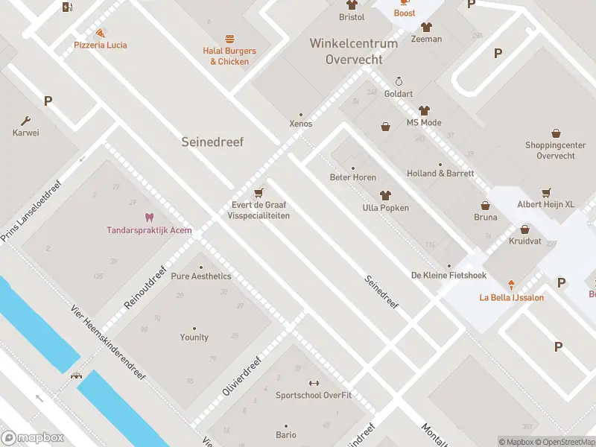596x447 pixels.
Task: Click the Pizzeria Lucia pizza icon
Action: click(100, 33)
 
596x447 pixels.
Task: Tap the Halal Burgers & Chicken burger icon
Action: click(229, 39)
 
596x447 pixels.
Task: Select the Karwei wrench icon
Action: click(25, 121)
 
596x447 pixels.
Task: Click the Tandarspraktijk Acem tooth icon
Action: click(149, 218)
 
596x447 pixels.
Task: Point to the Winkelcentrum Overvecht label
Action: click(354, 51)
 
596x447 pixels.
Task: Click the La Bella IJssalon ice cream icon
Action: click(511, 285)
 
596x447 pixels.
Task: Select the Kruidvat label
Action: click(524, 242)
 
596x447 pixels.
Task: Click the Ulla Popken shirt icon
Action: click(385, 196)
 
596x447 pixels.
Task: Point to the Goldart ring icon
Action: click(399, 82)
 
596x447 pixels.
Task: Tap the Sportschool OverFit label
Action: click(313, 395)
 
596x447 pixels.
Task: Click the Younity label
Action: click(194, 337)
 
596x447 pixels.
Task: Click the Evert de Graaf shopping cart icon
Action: click(259, 192)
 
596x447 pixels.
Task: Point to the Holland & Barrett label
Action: click(440, 174)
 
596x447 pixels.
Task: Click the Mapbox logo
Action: click(33, 438)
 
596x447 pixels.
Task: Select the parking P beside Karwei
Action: click(48, 101)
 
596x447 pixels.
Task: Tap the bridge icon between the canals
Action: click(76, 375)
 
